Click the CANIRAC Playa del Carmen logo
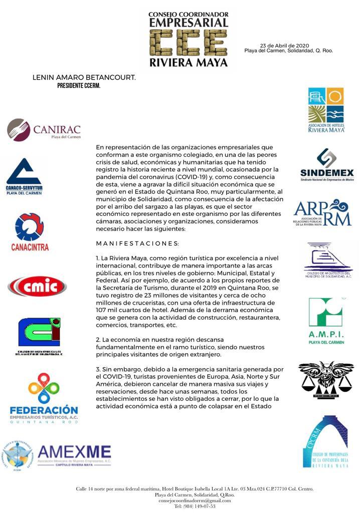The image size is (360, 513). [x=44, y=130]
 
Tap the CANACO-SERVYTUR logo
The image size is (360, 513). [x=24, y=176]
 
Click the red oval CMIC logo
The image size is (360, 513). [x=37, y=287]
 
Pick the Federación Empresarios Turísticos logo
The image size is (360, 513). [x=44, y=398]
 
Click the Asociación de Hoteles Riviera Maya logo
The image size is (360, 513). [x=326, y=110]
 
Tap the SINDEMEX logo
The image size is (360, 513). [x=327, y=165]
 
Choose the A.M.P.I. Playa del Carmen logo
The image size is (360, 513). [x=326, y=321]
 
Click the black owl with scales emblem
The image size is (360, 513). [x=326, y=380]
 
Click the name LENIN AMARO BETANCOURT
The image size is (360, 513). [x=84, y=78]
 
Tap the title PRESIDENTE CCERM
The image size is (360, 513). [x=79, y=86]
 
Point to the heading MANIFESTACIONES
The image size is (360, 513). [x=137, y=243]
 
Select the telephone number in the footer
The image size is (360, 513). [x=195, y=506]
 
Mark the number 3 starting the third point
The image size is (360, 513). [x=98, y=369]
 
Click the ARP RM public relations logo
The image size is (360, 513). [x=322, y=213]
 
